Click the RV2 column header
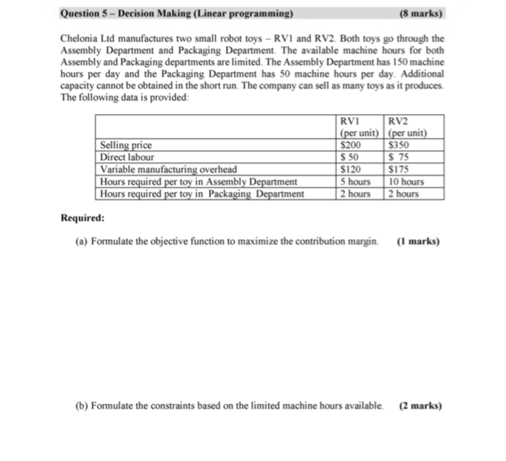(x=399, y=122)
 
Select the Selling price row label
(x=125, y=146)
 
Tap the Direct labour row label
(x=127, y=157)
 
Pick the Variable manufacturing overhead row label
(x=168, y=169)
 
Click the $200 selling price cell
(x=348, y=146)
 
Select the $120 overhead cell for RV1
(x=348, y=169)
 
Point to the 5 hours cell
(x=354, y=182)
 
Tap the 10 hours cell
(x=406, y=182)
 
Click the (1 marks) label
(x=418, y=241)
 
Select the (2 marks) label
(x=419, y=406)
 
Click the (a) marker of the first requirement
(x=81, y=241)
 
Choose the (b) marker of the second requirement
(x=81, y=406)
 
